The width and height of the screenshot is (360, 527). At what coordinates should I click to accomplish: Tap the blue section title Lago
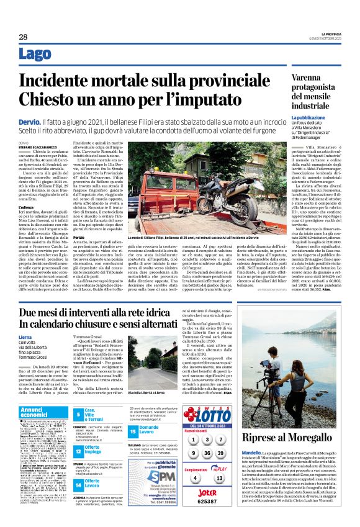coord(36,54)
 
